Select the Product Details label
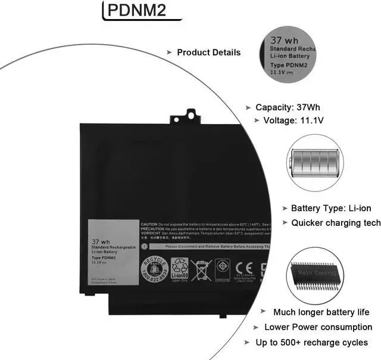coord(208,52)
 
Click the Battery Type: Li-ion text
coord(330,209)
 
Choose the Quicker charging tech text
coord(335,223)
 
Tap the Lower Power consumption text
coord(318,327)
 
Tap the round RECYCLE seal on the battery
coord(154,266)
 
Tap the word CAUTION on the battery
coord(149,224)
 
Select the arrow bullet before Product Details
coord(169,52)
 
